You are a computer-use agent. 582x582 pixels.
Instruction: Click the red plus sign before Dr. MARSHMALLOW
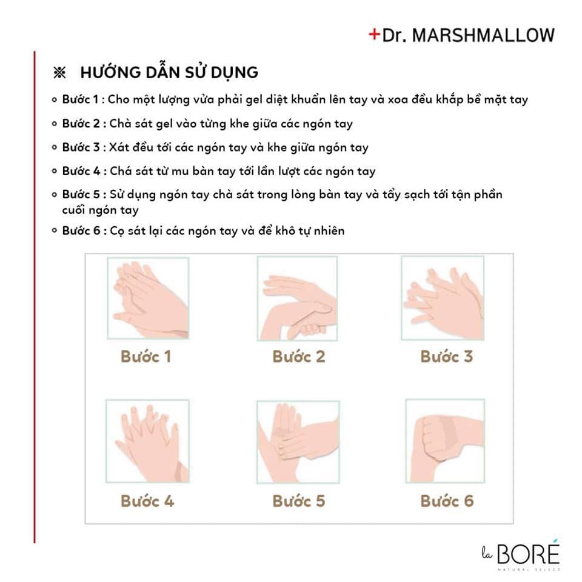(374, 35)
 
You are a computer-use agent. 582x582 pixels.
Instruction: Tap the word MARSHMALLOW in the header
(483, 35)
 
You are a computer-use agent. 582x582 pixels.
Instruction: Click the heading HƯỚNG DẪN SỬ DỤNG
(169, 73)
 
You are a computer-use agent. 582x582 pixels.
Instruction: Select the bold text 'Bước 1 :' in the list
(84, 99)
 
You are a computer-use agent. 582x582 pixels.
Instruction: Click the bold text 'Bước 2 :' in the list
(84, 124)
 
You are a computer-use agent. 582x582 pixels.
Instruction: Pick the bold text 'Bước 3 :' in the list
(84, 147)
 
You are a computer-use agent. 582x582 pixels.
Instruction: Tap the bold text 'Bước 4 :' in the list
(84, 172)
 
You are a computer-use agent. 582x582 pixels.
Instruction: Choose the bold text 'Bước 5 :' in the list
(84, 195)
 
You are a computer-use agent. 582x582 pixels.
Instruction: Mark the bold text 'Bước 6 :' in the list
(84, 231)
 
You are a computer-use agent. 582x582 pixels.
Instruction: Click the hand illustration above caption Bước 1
(149, 298)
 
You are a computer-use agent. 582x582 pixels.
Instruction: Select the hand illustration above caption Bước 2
(298, 298)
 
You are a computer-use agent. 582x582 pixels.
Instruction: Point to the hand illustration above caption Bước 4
(149, 441)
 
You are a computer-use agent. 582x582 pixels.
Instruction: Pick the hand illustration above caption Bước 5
(298, 441)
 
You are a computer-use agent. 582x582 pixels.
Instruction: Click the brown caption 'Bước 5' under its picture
(299, 501)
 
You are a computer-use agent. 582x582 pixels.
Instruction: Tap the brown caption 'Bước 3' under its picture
(446, 356)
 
